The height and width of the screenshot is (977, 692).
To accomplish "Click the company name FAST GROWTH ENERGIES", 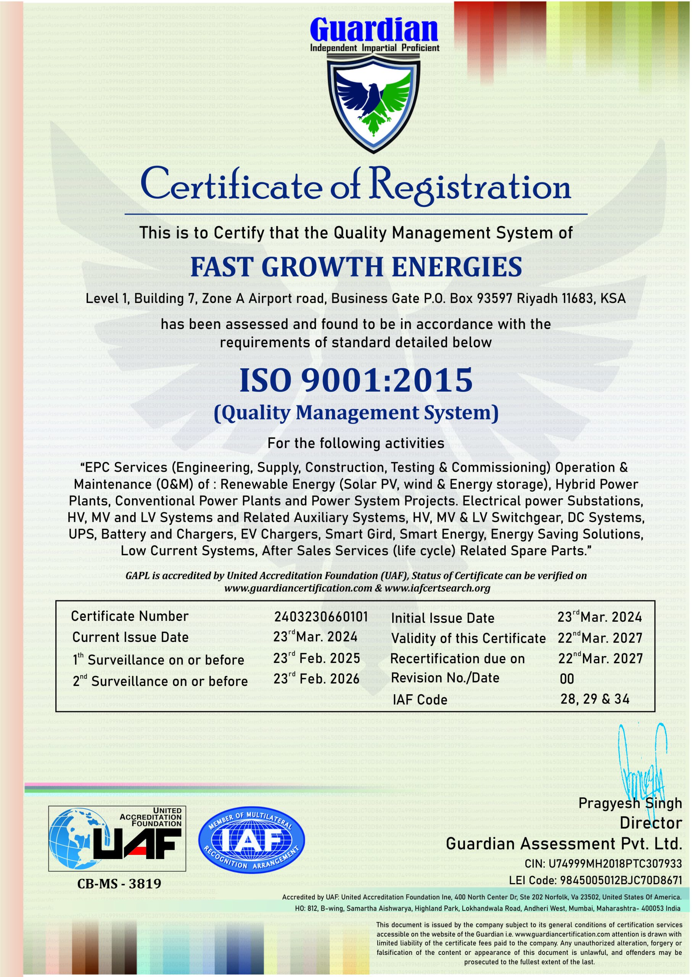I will (x=356, y=267).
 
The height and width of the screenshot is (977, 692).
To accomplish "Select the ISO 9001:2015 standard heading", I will (x=356, y=380).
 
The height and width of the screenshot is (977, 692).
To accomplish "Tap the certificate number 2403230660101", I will (x=320, y=617).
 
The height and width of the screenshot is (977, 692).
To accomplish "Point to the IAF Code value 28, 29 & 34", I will (x=595, y=699).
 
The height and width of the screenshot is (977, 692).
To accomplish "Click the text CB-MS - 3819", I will (x=119, y=883).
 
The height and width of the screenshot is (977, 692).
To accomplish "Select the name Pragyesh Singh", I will (x=630, y=803).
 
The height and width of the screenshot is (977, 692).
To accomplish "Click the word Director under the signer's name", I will (x=650, y=823).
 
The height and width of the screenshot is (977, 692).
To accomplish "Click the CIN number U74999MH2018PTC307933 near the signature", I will (x=615, y=864).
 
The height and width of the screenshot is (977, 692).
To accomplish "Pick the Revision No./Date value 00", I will (x=567, y=679).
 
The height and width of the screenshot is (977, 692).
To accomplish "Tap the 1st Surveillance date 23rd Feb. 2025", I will (x=317, y=659).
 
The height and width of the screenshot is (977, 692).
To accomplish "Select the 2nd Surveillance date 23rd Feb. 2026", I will (x=317, y=679).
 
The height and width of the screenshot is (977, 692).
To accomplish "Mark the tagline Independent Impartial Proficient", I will (x=375, y=48).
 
